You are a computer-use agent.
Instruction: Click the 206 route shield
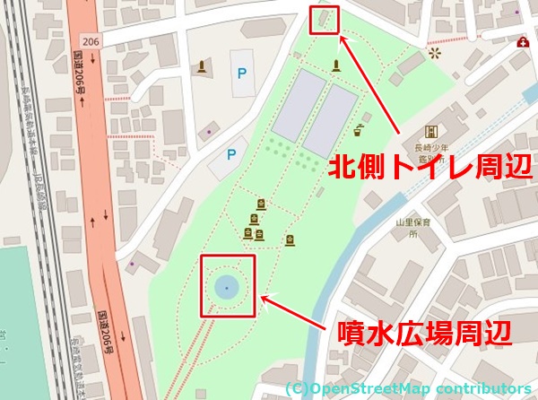[89, 41]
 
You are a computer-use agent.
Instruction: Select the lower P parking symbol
[230, 154]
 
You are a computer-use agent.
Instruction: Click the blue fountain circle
[227, 287]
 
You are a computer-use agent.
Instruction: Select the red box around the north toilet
[324, 19]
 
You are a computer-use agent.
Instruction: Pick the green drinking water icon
[360, 128]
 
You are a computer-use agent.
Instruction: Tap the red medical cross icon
[522, 42]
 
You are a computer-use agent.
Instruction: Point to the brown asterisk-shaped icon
[437, 54]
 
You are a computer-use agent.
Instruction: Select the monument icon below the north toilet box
[336, 65]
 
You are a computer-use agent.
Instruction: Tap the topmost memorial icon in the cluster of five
[261, 203]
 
